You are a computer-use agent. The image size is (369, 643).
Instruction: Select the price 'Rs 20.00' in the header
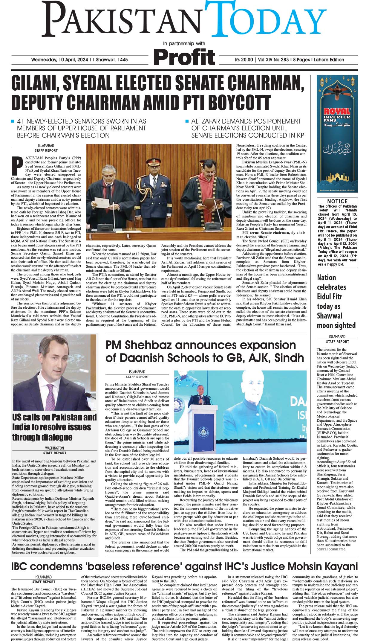[x=244, y=60]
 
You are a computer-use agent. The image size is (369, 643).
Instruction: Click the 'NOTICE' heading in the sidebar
[x=337, y=201]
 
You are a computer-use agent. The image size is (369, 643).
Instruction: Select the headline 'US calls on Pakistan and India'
[x=54, y=427]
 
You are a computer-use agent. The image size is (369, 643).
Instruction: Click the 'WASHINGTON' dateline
[x=54, y=448]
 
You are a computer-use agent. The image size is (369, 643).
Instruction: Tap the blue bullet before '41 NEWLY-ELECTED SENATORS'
[x=13, y=121]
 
